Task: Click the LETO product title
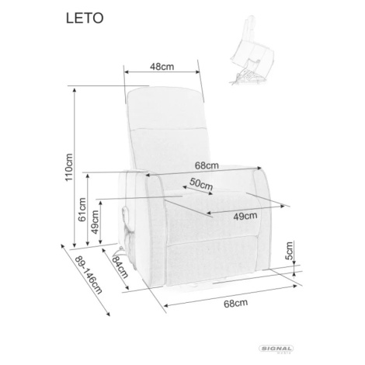tap(85, 18)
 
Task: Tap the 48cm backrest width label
tap(162, 67)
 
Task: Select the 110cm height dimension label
tap(69, 167)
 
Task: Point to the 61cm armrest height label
tap(82, 210)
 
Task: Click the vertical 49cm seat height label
tap(95, 222)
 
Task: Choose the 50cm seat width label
tap(201, 184)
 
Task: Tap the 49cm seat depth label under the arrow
tap(245, 216)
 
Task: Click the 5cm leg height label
tap(289, 251)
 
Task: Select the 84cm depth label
tap(120, 266)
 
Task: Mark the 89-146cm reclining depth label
tap(89, 275)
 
